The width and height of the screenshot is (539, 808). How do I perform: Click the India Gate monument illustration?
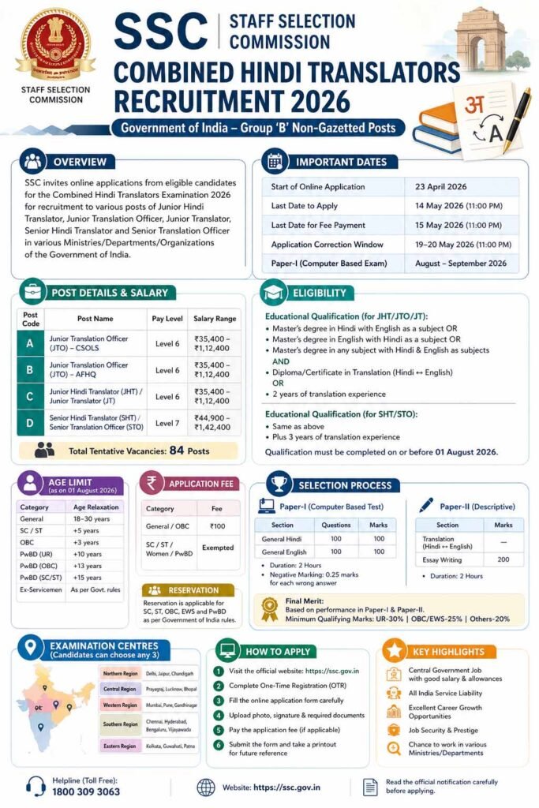(482, 39)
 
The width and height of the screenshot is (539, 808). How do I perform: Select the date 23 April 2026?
(441, 187)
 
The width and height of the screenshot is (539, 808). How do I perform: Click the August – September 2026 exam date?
(455, 264)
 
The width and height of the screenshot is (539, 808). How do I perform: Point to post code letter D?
(30, 422)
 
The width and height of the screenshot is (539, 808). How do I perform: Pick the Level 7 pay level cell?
(167, 423)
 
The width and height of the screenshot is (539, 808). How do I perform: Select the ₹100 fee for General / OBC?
(217, 526)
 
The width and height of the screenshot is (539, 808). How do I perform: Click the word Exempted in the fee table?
(217, 547)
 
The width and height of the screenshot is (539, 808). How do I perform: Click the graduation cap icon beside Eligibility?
(274, 293)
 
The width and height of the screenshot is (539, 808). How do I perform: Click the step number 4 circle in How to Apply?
(218, 716)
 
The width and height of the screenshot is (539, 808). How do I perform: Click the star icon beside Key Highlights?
(395, 652)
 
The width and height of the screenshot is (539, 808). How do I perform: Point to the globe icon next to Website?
(206, 787)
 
